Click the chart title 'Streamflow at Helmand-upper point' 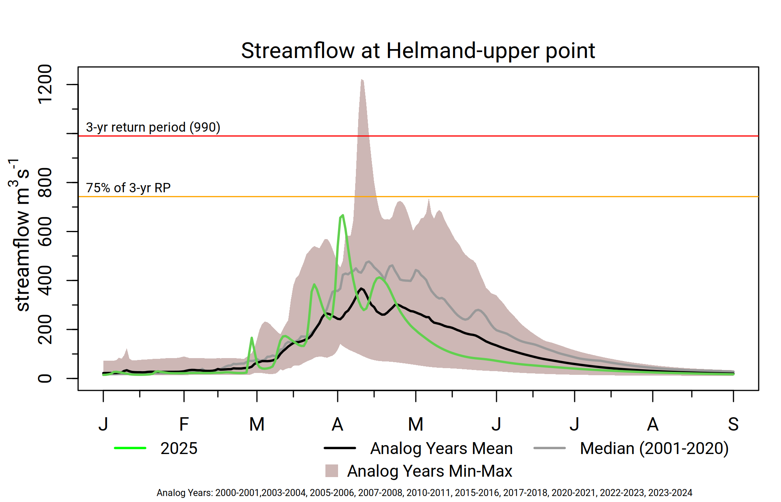(418, 51)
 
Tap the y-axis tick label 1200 (45, 84)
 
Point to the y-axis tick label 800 (45, 183)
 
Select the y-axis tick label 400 (45, 280)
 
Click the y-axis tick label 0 (45, 379)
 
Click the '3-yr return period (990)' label (153, 127)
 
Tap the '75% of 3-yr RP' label (128, 188)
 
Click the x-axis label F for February (184, 424)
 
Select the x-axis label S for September (733, 424)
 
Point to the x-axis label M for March (257, 424)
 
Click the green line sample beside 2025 (130, 448)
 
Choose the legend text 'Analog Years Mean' (441, 448)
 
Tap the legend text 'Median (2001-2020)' (654, 448)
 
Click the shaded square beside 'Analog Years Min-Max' (331, 471)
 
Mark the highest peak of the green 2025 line (343, 215)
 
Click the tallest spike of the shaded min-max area (361, 80)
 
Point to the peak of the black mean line (361, 289)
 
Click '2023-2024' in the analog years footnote (670, 493)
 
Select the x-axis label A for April (337, 424)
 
